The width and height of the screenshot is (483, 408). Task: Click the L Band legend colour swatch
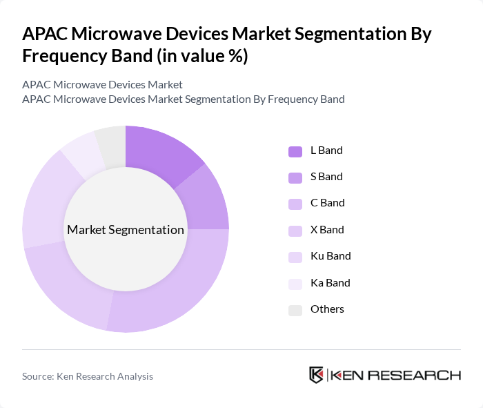pyautogui.click(x=295, y=150)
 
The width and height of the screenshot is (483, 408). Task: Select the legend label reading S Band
pyautogui.click(x=326, y=177)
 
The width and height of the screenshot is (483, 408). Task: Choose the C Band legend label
pyautogui.click(x=327, y=203)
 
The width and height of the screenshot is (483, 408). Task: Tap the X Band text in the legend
pyautogui.click(x=327, y=230)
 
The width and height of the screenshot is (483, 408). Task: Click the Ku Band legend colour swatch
pyautogui.click(x=295, y=257)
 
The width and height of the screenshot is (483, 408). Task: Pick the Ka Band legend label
pyautogui.click(x=330, y=283)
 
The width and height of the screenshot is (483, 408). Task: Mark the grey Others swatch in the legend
pyautogui.click(x=295, y=310)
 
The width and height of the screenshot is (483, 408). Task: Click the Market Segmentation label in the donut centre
pyautogui.click(x=126, y=230)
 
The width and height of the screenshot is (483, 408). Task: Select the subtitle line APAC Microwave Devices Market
pyautogui.click(x=102, y=84)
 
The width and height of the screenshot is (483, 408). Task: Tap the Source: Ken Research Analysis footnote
pyautogui.click(x=88, y=376)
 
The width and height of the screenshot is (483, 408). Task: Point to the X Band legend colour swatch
pyautogui.click(x=295, y=231)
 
